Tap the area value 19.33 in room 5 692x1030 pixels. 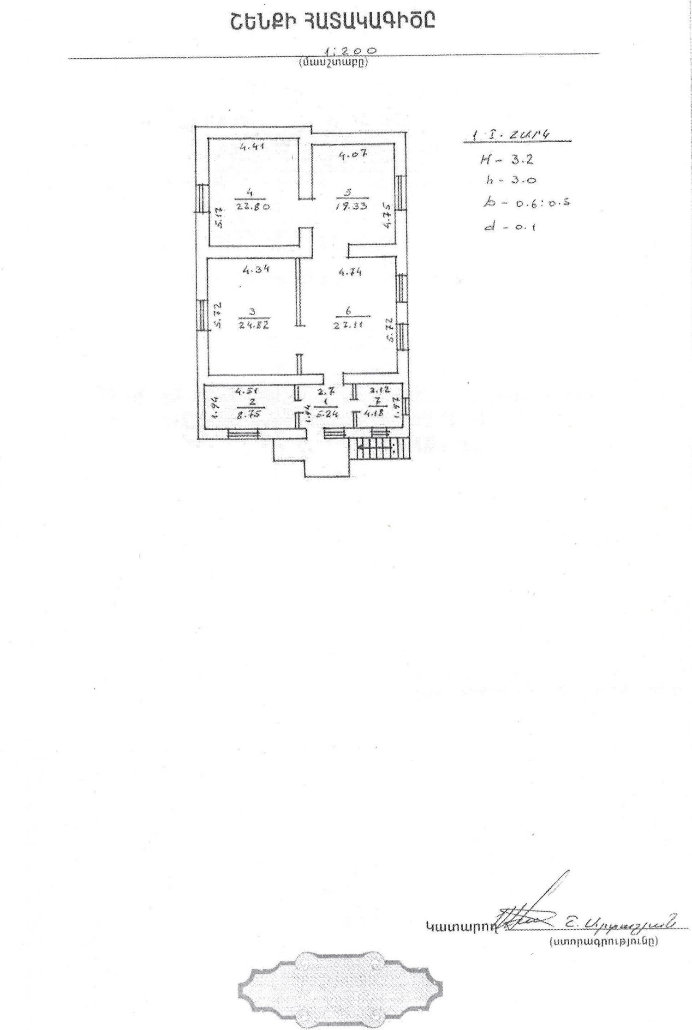click(x=352, y=206)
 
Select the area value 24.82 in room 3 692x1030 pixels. click(x=254, y=324)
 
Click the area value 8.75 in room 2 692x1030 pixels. click(x=249, y=414)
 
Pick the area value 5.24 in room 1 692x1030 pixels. click(x=326, y=414)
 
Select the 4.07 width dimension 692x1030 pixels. click(x=352, y=155)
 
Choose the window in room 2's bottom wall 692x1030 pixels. click(x=243, y=434)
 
